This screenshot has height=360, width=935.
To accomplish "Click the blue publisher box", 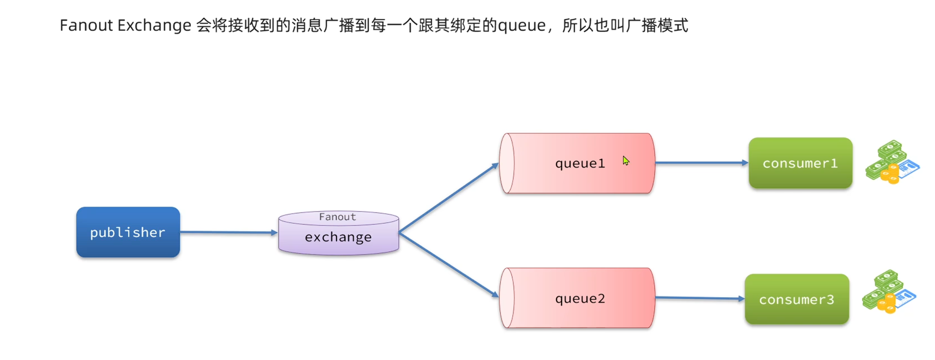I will [x=128, y=232].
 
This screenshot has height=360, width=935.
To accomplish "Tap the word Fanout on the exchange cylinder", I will [x=337, y=217].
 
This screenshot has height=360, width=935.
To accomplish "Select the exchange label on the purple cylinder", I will [x=338, y=237].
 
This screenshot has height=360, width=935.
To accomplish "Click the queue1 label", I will [x=580, y=163].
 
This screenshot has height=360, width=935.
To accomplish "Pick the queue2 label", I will [x=580, y=299].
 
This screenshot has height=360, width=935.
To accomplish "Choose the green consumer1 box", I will [x=800, y=163].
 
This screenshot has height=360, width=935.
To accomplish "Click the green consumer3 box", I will [x=796, y=299].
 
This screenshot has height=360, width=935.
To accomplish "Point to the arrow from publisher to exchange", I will [x=228, y=232].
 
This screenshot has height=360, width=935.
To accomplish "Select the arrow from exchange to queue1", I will [x=448, y=198].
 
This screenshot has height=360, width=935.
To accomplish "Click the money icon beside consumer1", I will [x=892, y=163].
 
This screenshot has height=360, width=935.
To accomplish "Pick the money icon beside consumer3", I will [x=889, y=292].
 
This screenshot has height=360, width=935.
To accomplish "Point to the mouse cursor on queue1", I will [x=625, y=161].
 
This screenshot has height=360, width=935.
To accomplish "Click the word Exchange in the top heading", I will [x=154, y=26].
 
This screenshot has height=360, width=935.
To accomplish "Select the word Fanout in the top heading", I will [x=86, y=26].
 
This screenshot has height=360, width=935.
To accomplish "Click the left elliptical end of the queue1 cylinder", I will [x=507, y=163].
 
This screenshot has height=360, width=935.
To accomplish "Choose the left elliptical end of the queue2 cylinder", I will [x=507, y=298].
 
